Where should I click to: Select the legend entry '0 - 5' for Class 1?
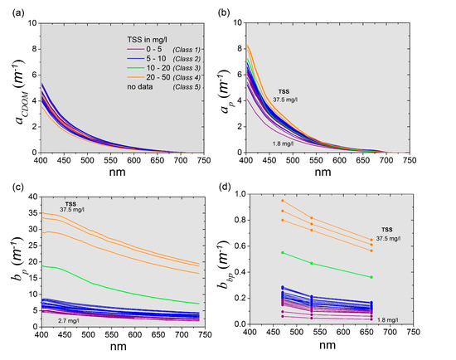[x=154, y=49]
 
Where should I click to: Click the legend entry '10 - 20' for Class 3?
[x=158, y=68]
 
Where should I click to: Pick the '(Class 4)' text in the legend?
[x=187, y=77]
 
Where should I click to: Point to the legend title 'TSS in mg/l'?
[x=147, y=39]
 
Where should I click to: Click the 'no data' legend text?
[x=140, y=87]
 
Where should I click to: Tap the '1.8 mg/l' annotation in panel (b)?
[x=283, y=144]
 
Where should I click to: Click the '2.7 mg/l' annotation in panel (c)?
[x=69, y=321]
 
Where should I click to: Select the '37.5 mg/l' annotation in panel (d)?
[x=388, y=239]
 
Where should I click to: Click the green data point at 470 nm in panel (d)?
[x=283, y=253]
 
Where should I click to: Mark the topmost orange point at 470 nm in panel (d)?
[x=283, y=201]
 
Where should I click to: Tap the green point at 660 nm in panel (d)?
[x=371, y=277]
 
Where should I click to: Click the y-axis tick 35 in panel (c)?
[x=34, y=213]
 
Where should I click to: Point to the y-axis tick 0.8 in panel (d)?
[x=240, y=220]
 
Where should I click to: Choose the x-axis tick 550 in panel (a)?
[x=111, y=160]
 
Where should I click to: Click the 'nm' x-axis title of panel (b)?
[x=323, y=172]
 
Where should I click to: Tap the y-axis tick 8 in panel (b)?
[x=240, y=49]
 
